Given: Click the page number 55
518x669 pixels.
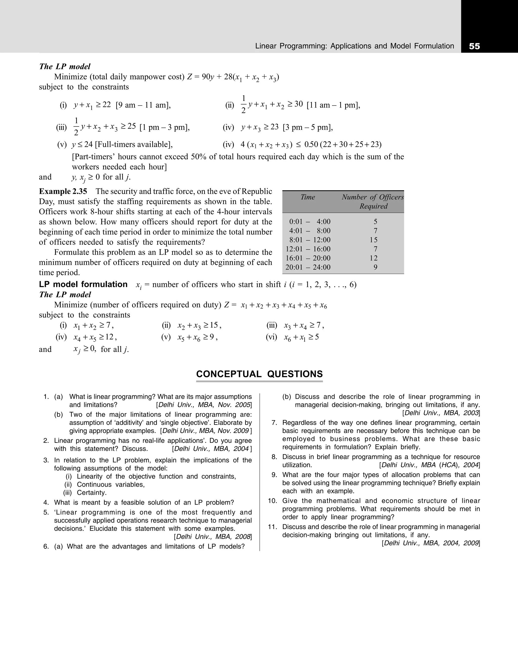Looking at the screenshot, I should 474,46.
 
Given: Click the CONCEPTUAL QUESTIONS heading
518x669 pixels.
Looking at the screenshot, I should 259,374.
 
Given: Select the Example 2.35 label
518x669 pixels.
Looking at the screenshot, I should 63,192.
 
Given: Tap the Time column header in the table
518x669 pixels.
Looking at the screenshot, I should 308,197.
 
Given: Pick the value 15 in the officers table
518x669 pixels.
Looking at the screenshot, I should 374,240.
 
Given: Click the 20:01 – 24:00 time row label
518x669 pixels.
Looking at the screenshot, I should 308,267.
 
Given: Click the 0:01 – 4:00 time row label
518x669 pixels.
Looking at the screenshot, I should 310,221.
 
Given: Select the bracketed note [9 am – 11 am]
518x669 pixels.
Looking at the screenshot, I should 143,105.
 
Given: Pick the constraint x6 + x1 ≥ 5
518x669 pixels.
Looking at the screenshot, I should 301,338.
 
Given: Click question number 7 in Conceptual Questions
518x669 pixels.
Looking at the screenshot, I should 274,423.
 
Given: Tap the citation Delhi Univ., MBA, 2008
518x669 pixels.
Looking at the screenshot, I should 212,537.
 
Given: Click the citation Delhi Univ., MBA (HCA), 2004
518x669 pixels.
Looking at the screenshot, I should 429,465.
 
